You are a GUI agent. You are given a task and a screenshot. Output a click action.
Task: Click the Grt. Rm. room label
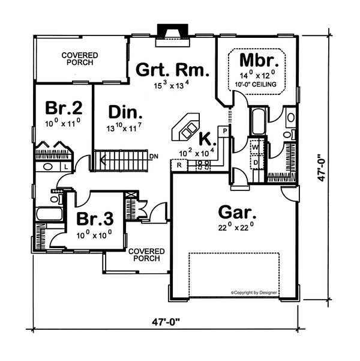(x=173, y=70)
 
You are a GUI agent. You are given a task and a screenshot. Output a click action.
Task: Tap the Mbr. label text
(x=259, y=60)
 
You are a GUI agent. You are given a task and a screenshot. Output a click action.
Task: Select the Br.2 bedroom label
(x=64, y=108)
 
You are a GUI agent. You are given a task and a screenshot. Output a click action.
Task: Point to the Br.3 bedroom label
(x=95, y=219)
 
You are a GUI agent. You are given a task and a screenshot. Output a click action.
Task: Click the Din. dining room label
(x=125, y=112)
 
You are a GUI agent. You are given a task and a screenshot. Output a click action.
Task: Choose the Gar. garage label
(x=237, y=212)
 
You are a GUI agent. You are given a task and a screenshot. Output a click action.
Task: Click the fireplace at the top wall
(x=173, y=35)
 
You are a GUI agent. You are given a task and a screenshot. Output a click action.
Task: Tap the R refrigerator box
(x=179, y=165)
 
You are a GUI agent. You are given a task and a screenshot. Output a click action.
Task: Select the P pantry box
(x=224, y=131)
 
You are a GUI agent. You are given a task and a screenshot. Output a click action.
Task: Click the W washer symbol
(x=255, y=147)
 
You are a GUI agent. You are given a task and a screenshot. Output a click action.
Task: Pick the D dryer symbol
(x=256, y=163)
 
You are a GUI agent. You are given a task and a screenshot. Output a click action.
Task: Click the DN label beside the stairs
(x=154, y=157)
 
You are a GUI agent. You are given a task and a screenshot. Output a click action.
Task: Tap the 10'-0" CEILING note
(x=256, y=84)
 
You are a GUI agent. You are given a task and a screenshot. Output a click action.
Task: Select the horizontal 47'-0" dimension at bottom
(x=166, y=321)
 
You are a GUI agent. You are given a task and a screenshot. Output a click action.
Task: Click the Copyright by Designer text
(x=254, y=293)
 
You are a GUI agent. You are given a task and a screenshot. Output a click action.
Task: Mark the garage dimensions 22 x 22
(x=236, y=228)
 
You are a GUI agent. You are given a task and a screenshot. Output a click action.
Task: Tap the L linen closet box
(x=66, y=167)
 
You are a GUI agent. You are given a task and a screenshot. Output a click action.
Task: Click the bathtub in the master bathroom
(x=259, y=122)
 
